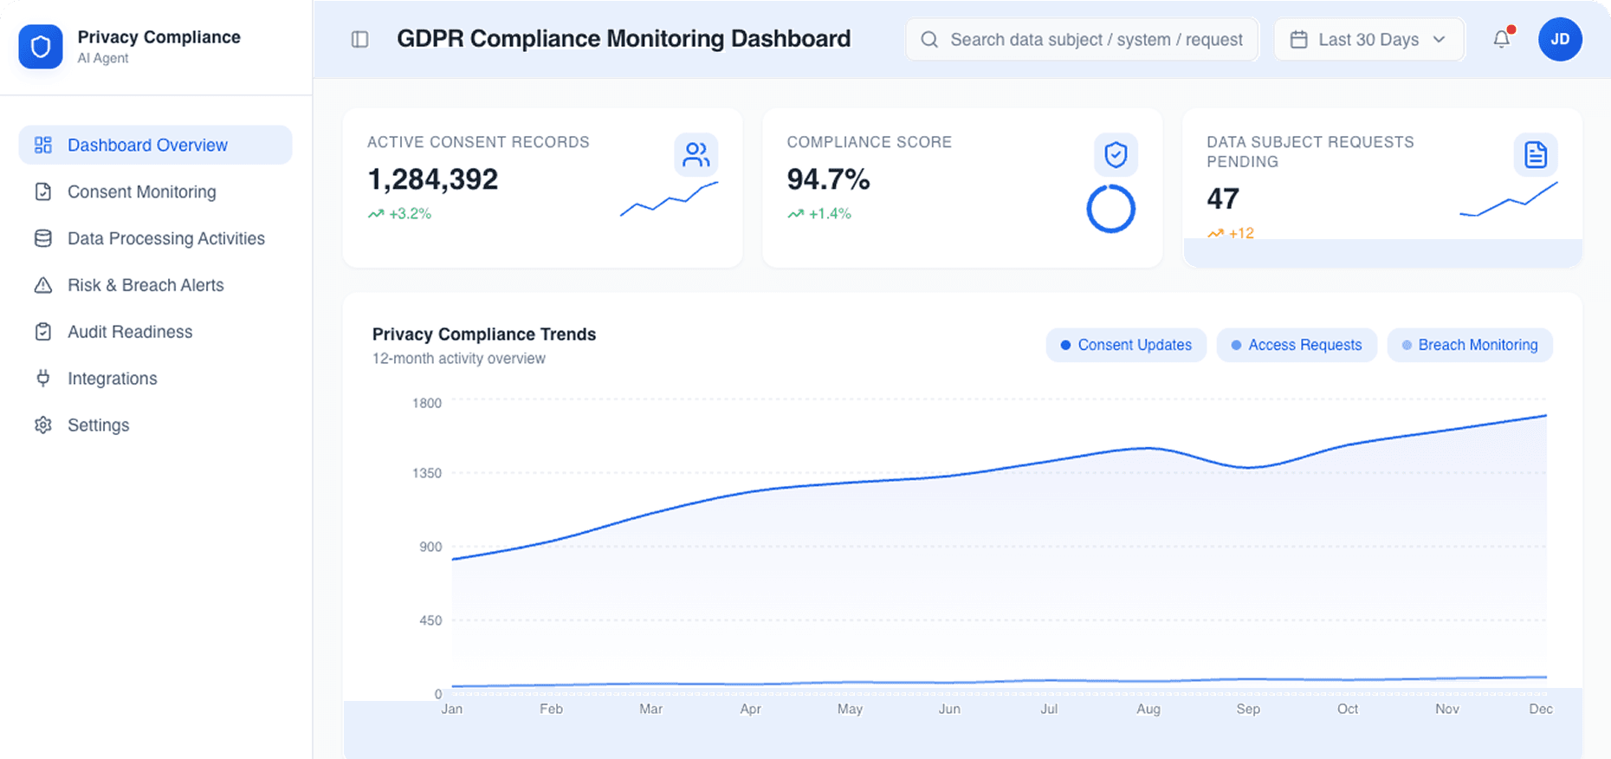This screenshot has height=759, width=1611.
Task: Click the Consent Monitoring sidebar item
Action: [x=141, y=192]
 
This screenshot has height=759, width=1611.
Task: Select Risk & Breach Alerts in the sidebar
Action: [x=145, y=286]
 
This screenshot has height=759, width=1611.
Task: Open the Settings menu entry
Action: [x=98, y=425]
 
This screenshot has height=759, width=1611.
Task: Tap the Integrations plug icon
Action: [x=42, y=379]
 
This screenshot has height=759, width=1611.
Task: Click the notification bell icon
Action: [x=1501, y=39]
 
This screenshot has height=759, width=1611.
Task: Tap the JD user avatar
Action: [x=1559, y=39]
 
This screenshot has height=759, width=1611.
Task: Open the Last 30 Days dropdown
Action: [x=1368, y=40]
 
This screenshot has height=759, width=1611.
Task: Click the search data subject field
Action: [x=1083, y=40]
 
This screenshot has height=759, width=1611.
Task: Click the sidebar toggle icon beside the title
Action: [x=359, y=40]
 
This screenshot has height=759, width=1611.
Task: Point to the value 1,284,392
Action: [x=433, y=179]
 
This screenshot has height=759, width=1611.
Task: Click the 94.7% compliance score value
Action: [x=828, y=179]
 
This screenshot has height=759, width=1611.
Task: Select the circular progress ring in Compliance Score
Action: [x=1110, y=209]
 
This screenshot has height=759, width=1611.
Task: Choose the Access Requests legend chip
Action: [x=1296, y=345]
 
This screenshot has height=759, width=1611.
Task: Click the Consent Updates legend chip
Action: [x=1125, y=345]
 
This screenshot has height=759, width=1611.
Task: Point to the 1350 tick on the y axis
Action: [x=427, y=473]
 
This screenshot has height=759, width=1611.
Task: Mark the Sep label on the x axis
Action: [x=1248, y=709]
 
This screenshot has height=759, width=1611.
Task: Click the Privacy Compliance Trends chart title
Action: [x=484, y=334]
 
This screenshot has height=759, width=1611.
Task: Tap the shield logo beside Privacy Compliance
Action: [x=41, y=47]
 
